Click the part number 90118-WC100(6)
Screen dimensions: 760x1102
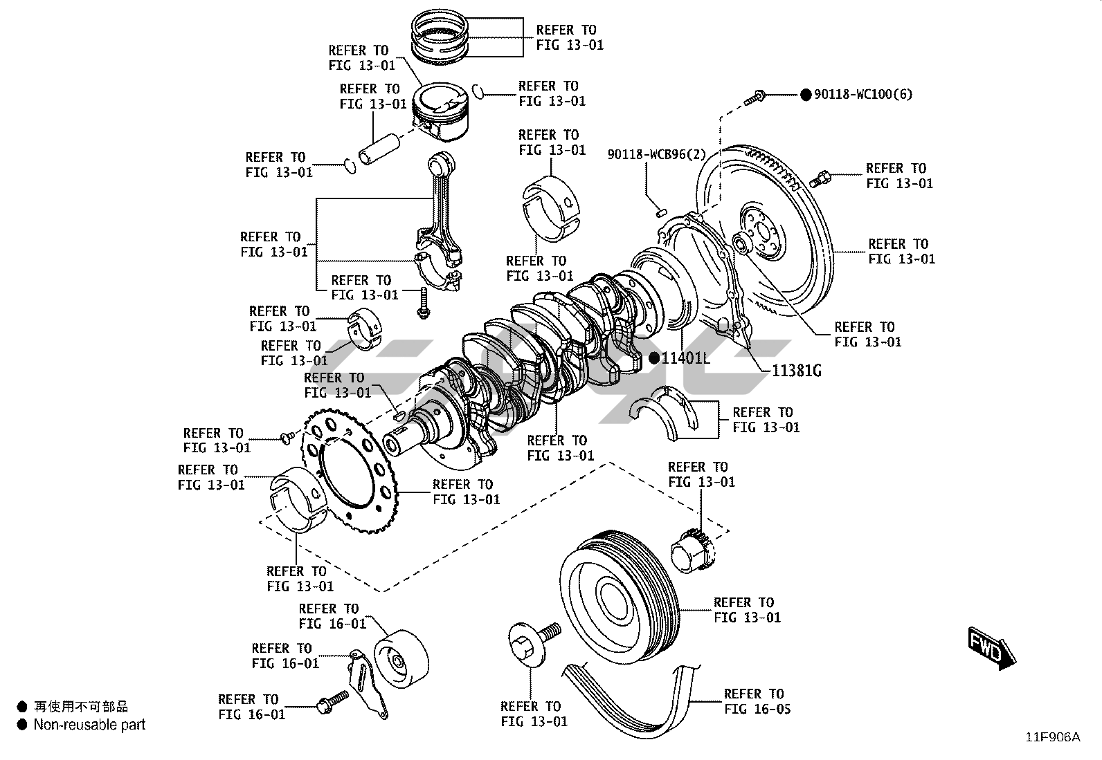pyautogui.click(x=862, y=95)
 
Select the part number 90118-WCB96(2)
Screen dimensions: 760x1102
pyautogui.click(x=656, y=154)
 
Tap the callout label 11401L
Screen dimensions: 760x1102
pyautogui.click(x=685, y=358)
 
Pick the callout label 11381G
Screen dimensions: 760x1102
pyautogui.click(x=796, y=371)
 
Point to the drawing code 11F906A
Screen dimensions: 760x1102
pyautogui.click(x=1052, y=737)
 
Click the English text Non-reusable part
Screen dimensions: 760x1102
pyautogui.click(x=89, y=725)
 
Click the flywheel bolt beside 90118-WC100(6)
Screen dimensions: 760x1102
pyautogui.click(x=755, y=98)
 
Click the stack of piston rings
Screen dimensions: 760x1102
pyautogui.click(x=446, y=36)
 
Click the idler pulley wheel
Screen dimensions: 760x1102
pyautogui.click(x=401, y=660)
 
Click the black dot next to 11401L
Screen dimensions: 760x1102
pyautogui.click(x=653, y=358)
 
